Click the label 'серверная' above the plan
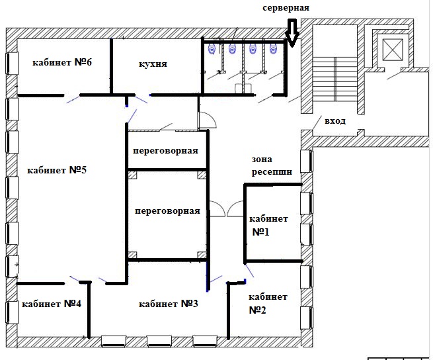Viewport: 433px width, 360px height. click(x=286, y=8)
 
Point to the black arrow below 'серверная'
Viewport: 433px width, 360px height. click(x=292, y=32)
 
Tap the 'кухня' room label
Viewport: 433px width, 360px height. click(x=153, y=64)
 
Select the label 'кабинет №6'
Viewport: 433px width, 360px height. click(x=62, y=62)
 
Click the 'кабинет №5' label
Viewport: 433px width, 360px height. click(x=57, y=170)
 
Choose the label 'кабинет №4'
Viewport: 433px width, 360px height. click(x=52, y=304)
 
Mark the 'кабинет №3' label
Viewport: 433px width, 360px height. click(x=168, y=304)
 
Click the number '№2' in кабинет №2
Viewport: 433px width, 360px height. click(x=257, y=310)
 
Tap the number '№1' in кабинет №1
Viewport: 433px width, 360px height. click(x=260, y=232)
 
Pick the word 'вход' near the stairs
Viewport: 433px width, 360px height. click(x=335, y=121)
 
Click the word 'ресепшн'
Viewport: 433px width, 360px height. click(x=272, y=172)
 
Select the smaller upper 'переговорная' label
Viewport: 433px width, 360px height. click(x=165, y=151)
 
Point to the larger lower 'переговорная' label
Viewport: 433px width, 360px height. click(x=167, y=211)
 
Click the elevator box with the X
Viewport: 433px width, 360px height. click(x=393, y=49)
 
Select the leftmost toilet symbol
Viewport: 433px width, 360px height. click(x=212, y=49)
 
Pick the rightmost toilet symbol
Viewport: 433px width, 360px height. click(x=273, y=49)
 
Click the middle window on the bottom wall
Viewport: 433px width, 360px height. click(x=159, y=341)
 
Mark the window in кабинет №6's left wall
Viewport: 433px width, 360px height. click(x=12, y=64)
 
